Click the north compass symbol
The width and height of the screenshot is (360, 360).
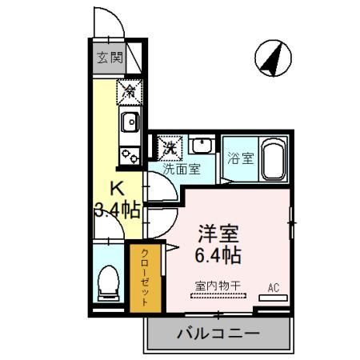[274, 58]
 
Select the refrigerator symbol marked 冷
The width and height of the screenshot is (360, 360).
[129, 92]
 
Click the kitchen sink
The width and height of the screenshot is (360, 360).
[130, 122]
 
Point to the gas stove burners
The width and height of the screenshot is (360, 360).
[129, 152]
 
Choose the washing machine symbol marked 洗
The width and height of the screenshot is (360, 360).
[170, 147]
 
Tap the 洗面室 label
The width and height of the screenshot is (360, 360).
[182, 170]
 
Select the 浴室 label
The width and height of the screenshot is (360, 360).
[239, 157]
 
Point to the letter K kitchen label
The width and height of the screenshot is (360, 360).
[117, 190]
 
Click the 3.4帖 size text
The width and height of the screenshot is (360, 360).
[117, 211]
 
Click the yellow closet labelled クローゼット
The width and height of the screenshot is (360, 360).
[146, 276]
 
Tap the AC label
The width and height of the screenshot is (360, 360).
[273, 287]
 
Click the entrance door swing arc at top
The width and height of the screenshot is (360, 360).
[106, 20]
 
